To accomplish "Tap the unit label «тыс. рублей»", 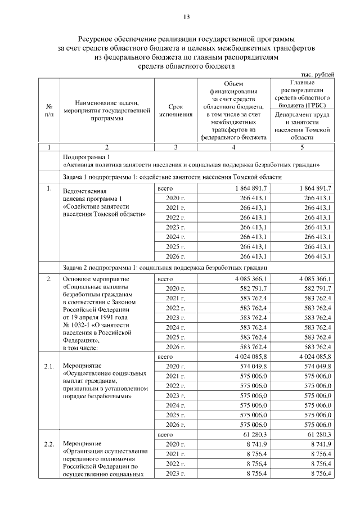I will [x=317, y=74].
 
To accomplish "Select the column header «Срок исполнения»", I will [x=175, y=110].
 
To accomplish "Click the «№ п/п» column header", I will [x=49, y=110].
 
